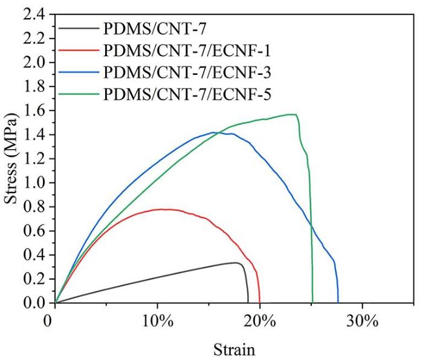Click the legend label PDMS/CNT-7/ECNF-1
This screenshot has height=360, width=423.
tap(187, 49)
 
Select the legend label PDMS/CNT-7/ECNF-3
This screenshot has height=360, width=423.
tap(187, 71)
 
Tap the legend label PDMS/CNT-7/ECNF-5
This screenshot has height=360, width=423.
tap(187, 94)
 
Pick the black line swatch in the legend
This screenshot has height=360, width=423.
tap(79, 27)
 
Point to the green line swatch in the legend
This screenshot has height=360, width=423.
tap(79, 94)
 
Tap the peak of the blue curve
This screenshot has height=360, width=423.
tap(213, 132)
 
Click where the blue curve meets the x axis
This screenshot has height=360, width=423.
tap(338, 302)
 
